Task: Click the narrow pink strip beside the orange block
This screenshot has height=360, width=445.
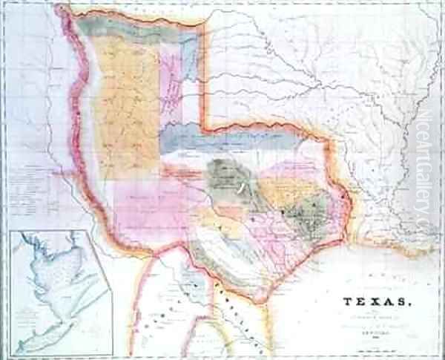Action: (x=171, y=82)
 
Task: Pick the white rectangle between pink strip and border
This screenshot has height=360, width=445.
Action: (x=191, y=104)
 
